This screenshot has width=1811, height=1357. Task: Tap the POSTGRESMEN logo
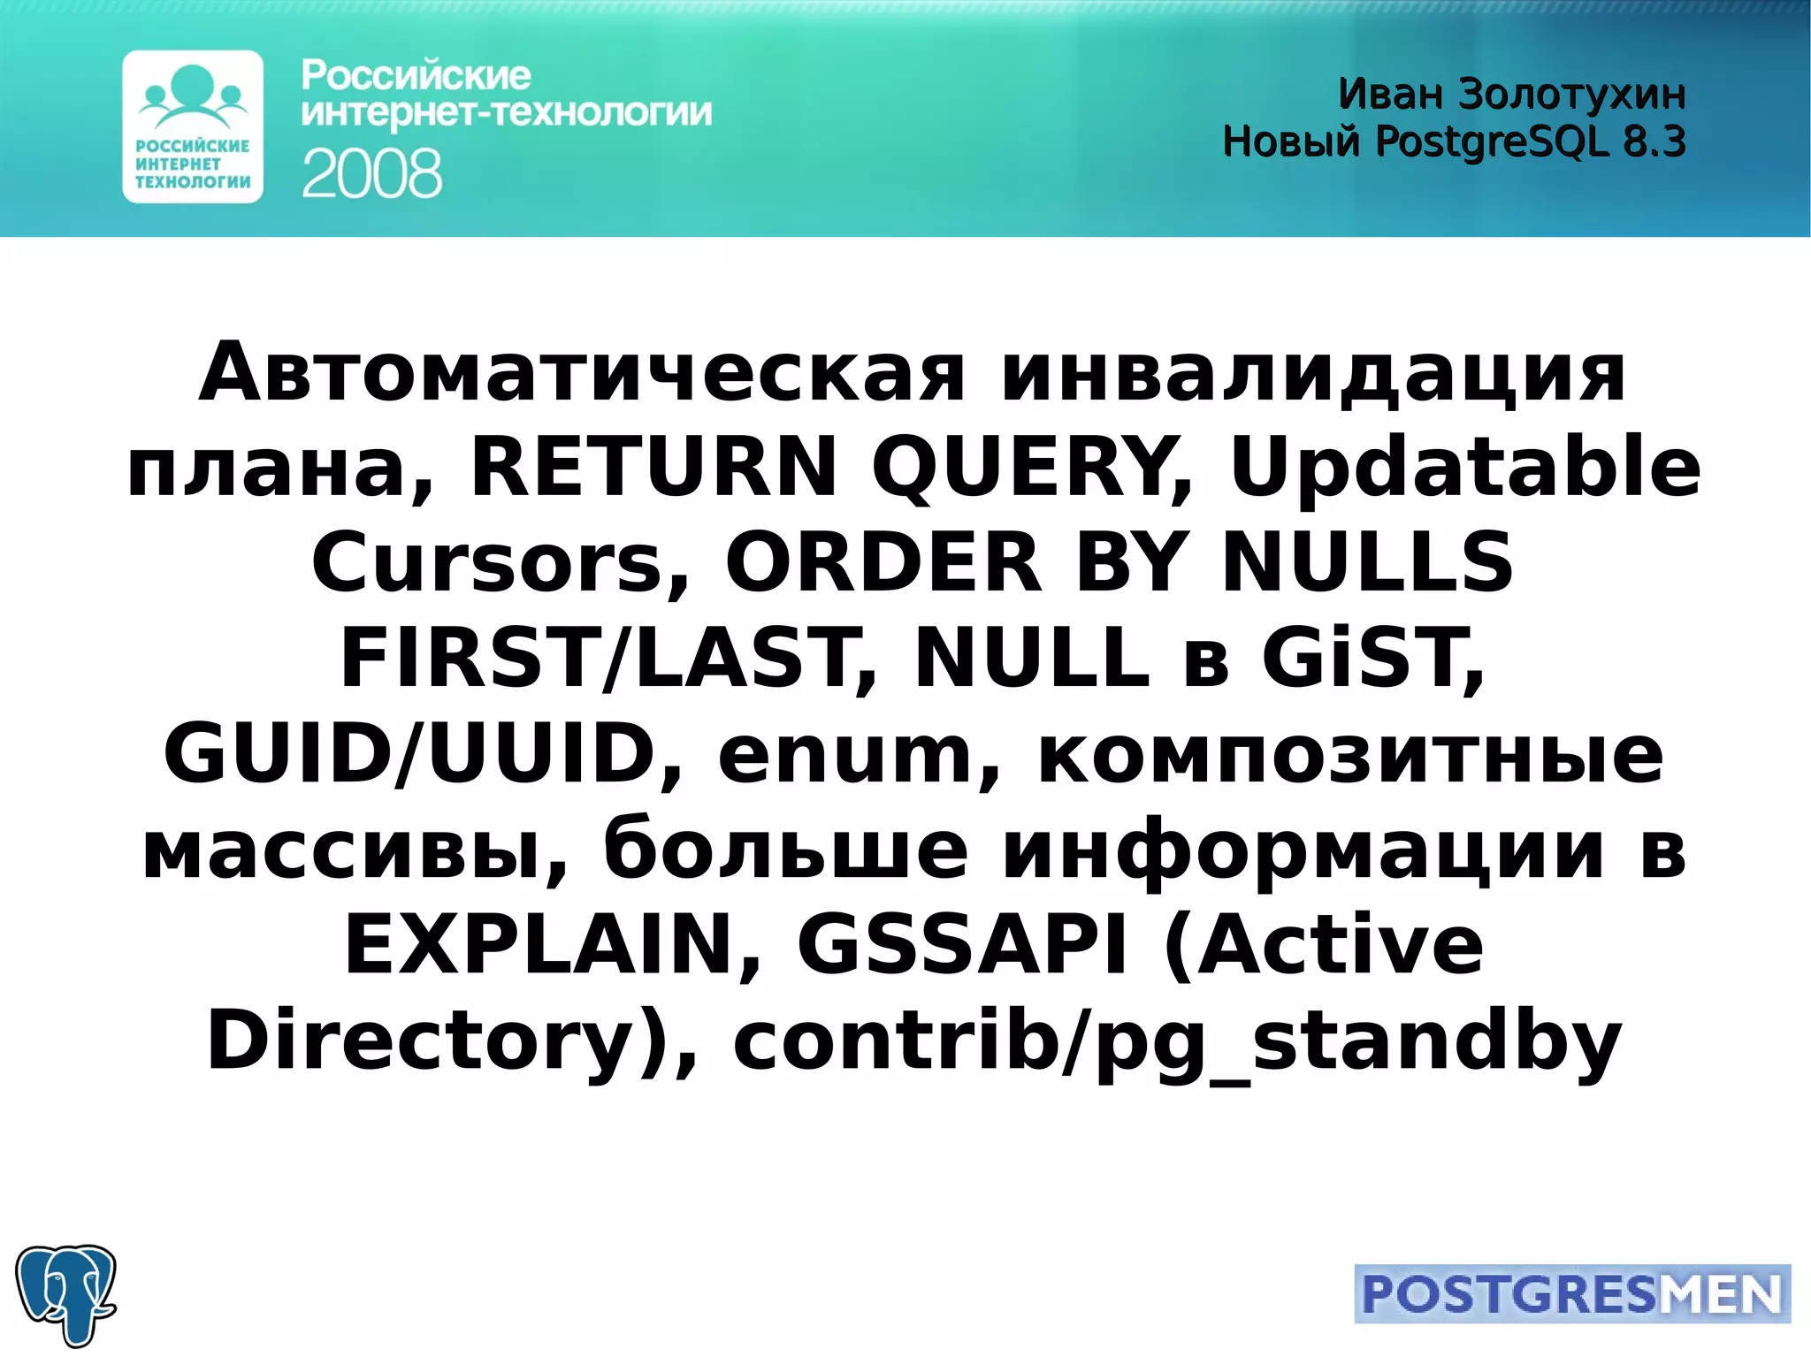click(1571, 1294)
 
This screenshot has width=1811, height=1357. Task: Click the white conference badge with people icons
click(193, 126)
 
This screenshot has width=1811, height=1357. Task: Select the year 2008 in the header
click(371, 173)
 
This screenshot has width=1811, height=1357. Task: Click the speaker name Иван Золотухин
click(1511, 94)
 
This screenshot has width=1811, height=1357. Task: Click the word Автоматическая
click(582, 372)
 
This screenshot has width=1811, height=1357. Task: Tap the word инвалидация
click(1312, 372)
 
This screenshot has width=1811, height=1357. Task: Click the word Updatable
click(1464, 467)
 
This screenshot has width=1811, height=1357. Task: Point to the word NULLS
click(1367, 562)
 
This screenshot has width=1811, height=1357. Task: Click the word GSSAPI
click(962, 944)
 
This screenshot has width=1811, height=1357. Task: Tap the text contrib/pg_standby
click(1177, 1041)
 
